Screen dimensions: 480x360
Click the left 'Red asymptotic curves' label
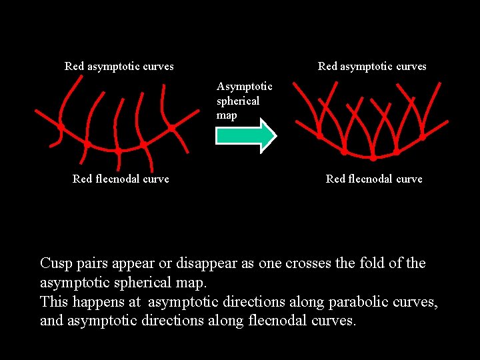coord(119,66)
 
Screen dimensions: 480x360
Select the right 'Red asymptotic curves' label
coord(372,66)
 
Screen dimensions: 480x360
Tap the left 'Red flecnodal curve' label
coord(121,179)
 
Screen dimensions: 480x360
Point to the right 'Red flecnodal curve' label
coord(374,179)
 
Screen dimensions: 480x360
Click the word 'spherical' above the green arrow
coord(238,101)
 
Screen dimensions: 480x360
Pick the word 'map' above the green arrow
coord(227,115)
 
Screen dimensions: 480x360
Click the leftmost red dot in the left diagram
coord(60,127)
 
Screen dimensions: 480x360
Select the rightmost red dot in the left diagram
coord(171,127)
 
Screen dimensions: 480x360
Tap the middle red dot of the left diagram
coord(117,151)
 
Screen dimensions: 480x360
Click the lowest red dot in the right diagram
coord(373,159)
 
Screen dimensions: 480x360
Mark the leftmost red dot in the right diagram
coord(320,136)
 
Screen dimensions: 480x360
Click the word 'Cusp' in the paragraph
coord(55,263)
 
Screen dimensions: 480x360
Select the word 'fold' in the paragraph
coord(375,263)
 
